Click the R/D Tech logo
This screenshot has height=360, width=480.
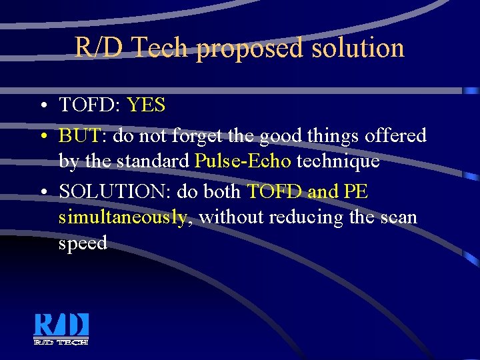click(61, 329)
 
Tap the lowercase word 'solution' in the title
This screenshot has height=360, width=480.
click(357, 48)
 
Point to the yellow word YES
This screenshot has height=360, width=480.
click(146, 105)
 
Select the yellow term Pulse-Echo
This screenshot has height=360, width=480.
click(243, 161)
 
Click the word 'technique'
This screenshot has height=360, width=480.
click(338, 161)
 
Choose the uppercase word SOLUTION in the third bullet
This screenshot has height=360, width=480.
click(117, 192)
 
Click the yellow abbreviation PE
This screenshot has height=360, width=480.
click(356, 192)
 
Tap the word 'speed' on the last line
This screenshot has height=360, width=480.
click(83, 243)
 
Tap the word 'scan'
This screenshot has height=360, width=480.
click(398, 217)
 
